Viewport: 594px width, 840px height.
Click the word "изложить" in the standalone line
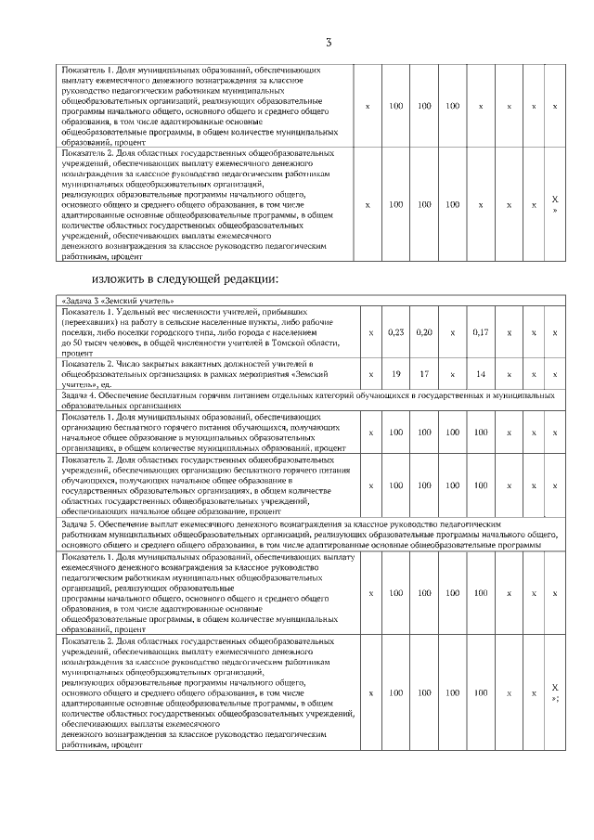click(x=118, y=278)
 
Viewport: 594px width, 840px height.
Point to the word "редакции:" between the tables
click(x=251, y=278)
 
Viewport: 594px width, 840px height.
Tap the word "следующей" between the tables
click(x=190, y=278)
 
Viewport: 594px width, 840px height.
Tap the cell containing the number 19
click(x=395, y=373)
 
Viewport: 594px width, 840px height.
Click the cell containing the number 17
click(x=424, y=373)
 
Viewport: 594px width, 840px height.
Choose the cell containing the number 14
click(x=480, y=373)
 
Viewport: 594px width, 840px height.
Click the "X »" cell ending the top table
click(x=555, y=204)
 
